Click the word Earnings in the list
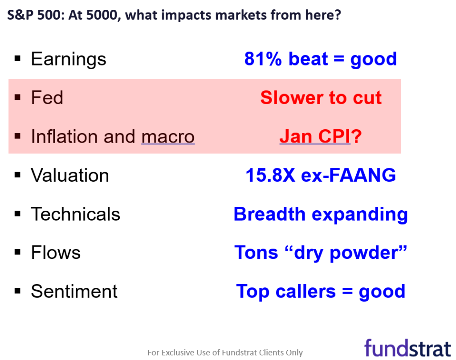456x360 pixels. coord(69,59)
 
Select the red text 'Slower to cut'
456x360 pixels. coord(321,98)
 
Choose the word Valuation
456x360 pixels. coord(70,176)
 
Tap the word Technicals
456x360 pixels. coord(75,214)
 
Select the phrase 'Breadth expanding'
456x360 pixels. coord(321,214)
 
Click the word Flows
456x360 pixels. coord(56,253)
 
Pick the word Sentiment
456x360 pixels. coord(74,292)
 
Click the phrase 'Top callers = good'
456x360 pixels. coord(321,292)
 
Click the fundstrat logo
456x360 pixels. coord(407,348)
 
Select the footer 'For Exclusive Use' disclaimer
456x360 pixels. coord(225,352)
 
